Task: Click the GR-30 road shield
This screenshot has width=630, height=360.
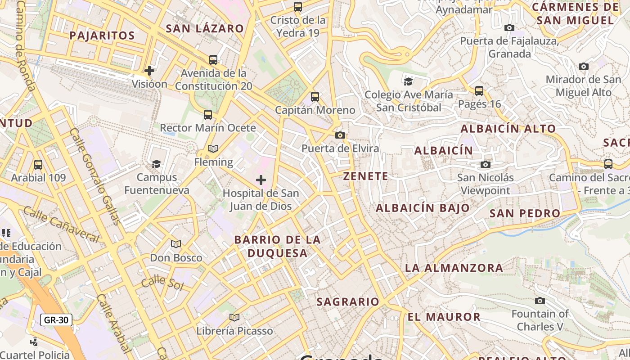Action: click(x=56, y=320)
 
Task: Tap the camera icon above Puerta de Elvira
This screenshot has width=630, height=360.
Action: click(x=340, y=135)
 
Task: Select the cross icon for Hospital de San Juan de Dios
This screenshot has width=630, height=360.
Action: click(x=261, y=180)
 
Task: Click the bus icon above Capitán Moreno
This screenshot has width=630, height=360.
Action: click(x=315, y=97)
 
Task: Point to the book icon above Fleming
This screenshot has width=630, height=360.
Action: click(x=213, y=149)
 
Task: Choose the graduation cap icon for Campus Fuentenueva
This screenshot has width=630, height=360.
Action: click(x=156, y=164)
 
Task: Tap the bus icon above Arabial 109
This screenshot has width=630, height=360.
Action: click(x=38, y=165)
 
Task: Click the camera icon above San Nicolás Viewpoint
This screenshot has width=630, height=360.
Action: click(x=485, y=164)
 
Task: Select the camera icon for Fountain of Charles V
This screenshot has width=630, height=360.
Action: click(x=540, y=301)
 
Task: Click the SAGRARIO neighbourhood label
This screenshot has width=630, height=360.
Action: click(x=348, y=301)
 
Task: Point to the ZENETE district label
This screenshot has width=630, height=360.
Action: click(x=366, y=176)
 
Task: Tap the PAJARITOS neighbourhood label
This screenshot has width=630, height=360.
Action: click(x=103, y=36)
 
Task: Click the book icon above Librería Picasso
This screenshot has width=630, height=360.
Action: click(x=234, y=318)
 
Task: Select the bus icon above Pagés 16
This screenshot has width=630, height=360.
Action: click(x=479, y=91)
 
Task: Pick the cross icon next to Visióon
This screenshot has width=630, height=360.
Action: click(x=149, y=71)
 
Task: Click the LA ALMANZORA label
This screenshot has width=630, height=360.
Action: click(x=454, y=268)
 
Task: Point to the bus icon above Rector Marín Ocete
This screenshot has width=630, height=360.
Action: click(x=207, y=115)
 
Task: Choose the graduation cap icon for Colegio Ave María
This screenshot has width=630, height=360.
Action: click(x=408, y=81)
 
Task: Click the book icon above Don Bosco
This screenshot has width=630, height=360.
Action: click(x=176, y=244)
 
